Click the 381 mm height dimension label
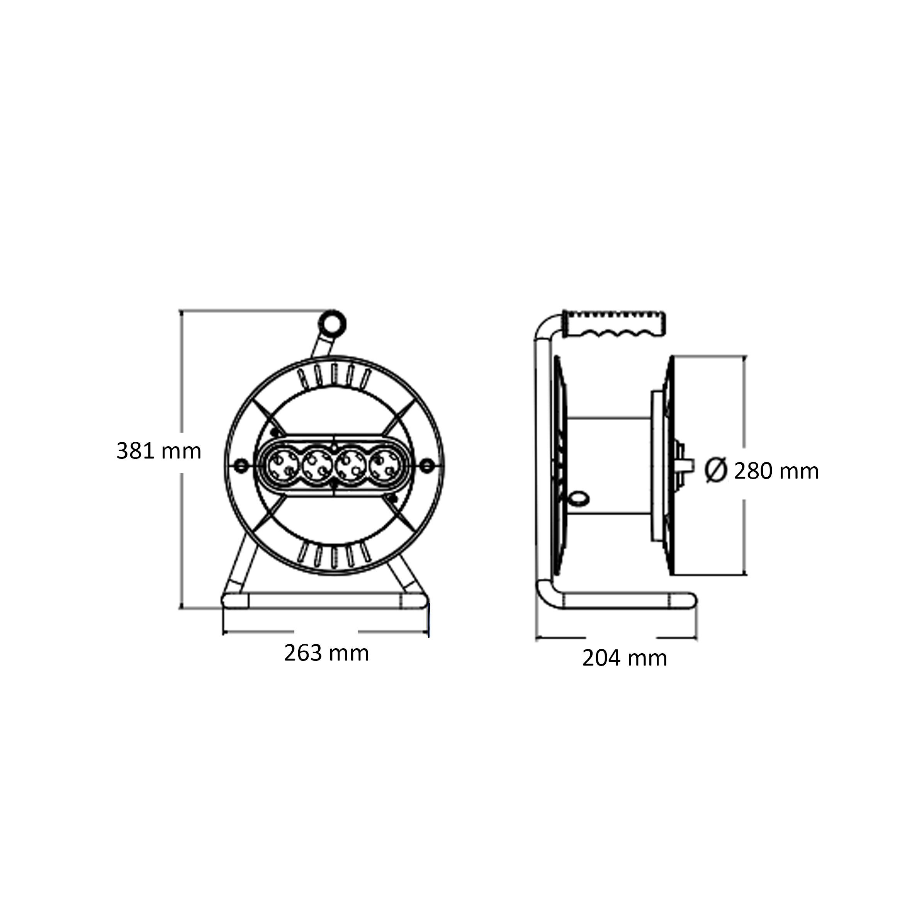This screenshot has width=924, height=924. click(x=159, y=451)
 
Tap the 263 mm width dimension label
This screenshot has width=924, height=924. click(x=327, y=653)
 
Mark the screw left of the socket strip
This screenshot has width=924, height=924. click(x=241, y=465)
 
